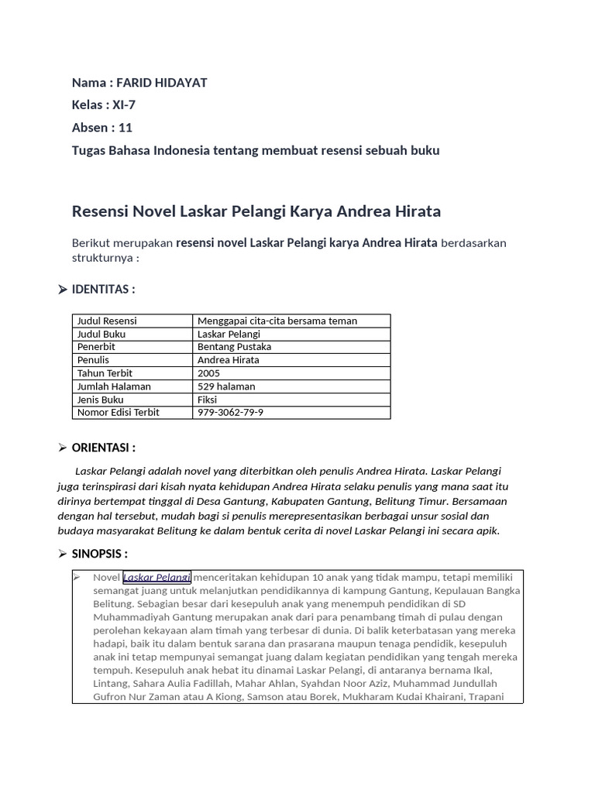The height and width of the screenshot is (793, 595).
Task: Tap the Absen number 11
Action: click(x=126, y=128)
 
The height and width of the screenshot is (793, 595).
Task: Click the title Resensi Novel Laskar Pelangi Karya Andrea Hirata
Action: click(x=256, y=211)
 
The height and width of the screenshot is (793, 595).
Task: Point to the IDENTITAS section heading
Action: click(x=103, y=290)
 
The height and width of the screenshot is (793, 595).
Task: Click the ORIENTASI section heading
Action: click(x=103, y=448)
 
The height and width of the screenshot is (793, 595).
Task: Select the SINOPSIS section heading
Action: click(x=99, y=554)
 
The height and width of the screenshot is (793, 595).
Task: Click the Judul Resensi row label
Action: click(x=107, y=321)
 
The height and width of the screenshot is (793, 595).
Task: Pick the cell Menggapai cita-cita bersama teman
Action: click(x=277, y=321)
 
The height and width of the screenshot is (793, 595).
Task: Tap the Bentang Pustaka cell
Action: click(x=234, y=347)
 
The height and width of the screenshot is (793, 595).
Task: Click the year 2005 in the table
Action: click(x=209, y=373)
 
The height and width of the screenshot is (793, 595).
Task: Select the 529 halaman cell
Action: click(x=226, y=386)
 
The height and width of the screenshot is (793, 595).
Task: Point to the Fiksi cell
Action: click(x=207, y=400)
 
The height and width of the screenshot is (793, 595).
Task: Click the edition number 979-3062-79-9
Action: click(x=230, y=413)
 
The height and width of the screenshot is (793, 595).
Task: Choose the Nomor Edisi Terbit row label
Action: click(x=118, y=413)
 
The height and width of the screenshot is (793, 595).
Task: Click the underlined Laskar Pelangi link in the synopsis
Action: click(x=156, y=578)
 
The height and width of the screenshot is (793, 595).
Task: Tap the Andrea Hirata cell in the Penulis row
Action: click(x=229, y=360)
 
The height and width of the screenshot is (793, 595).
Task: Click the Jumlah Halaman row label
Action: click(x=114, y=386)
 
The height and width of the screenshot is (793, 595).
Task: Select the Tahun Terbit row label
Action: click(x=105, y=373)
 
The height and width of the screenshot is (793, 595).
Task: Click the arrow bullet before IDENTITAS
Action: click(x=62, y=290)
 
